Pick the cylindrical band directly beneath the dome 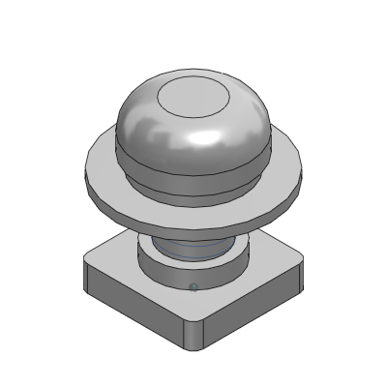point(193,179)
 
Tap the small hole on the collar point(193,286)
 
